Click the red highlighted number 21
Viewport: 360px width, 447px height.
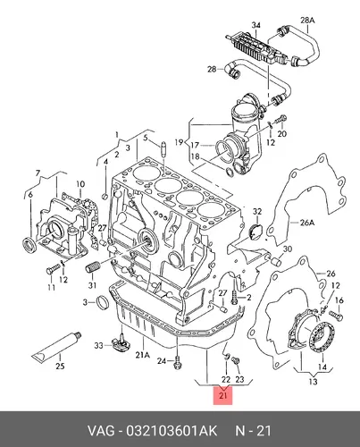(222, 395)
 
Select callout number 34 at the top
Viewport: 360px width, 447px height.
(255, 25)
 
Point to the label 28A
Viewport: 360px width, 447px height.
(307, 21)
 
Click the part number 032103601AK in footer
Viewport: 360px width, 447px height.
(172, 431)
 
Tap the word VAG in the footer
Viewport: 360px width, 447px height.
(101, 431)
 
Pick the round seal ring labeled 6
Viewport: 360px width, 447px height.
(29, 244)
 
